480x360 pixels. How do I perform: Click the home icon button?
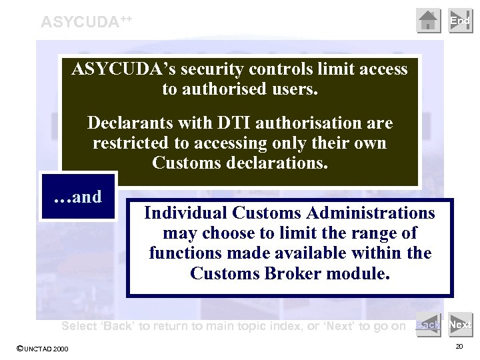point(429,21)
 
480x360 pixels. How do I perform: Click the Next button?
point(460,325)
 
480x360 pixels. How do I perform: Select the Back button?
point(429,325)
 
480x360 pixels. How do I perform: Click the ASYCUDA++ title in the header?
point(86,21)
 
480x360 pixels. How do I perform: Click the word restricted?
point(127,143)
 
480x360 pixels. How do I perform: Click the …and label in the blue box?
point(78,197)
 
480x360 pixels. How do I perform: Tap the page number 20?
point(459,347)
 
